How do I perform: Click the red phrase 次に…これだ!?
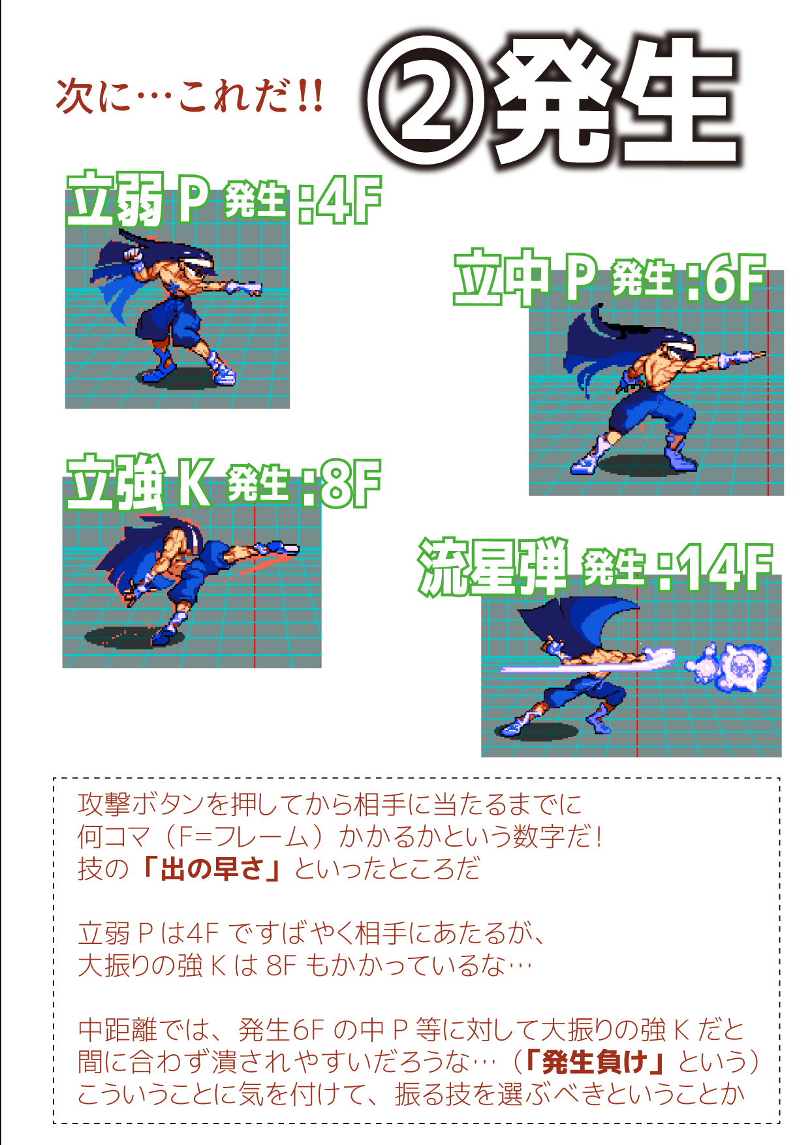pyautogui.click(x=190, y=97)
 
